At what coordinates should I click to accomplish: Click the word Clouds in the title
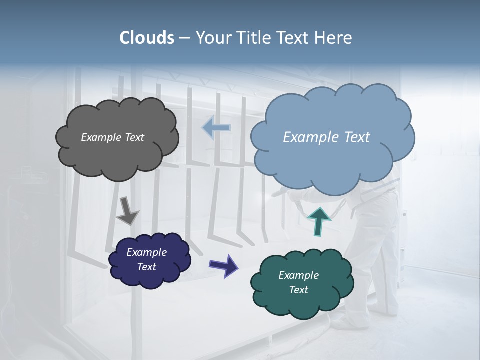click(x=147, y=38)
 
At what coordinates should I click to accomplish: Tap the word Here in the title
click(x=334, y=38)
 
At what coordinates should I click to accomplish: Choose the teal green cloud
click(x=302, y=300)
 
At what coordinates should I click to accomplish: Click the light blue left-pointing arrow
click(x=216, y=128)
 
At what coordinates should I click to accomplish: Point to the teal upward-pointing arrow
click(x=318, y=221)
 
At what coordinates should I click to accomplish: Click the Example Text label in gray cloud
click(x=113, y=137)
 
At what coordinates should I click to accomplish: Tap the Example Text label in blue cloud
click(x=326, y=137)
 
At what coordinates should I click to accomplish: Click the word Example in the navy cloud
click(x=147, y=252)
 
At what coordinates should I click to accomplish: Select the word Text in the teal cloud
click(x=299, y=290)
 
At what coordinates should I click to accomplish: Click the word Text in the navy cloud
click(x=147, y=267)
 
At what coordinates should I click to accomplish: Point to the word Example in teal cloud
click(x=299, y=275)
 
